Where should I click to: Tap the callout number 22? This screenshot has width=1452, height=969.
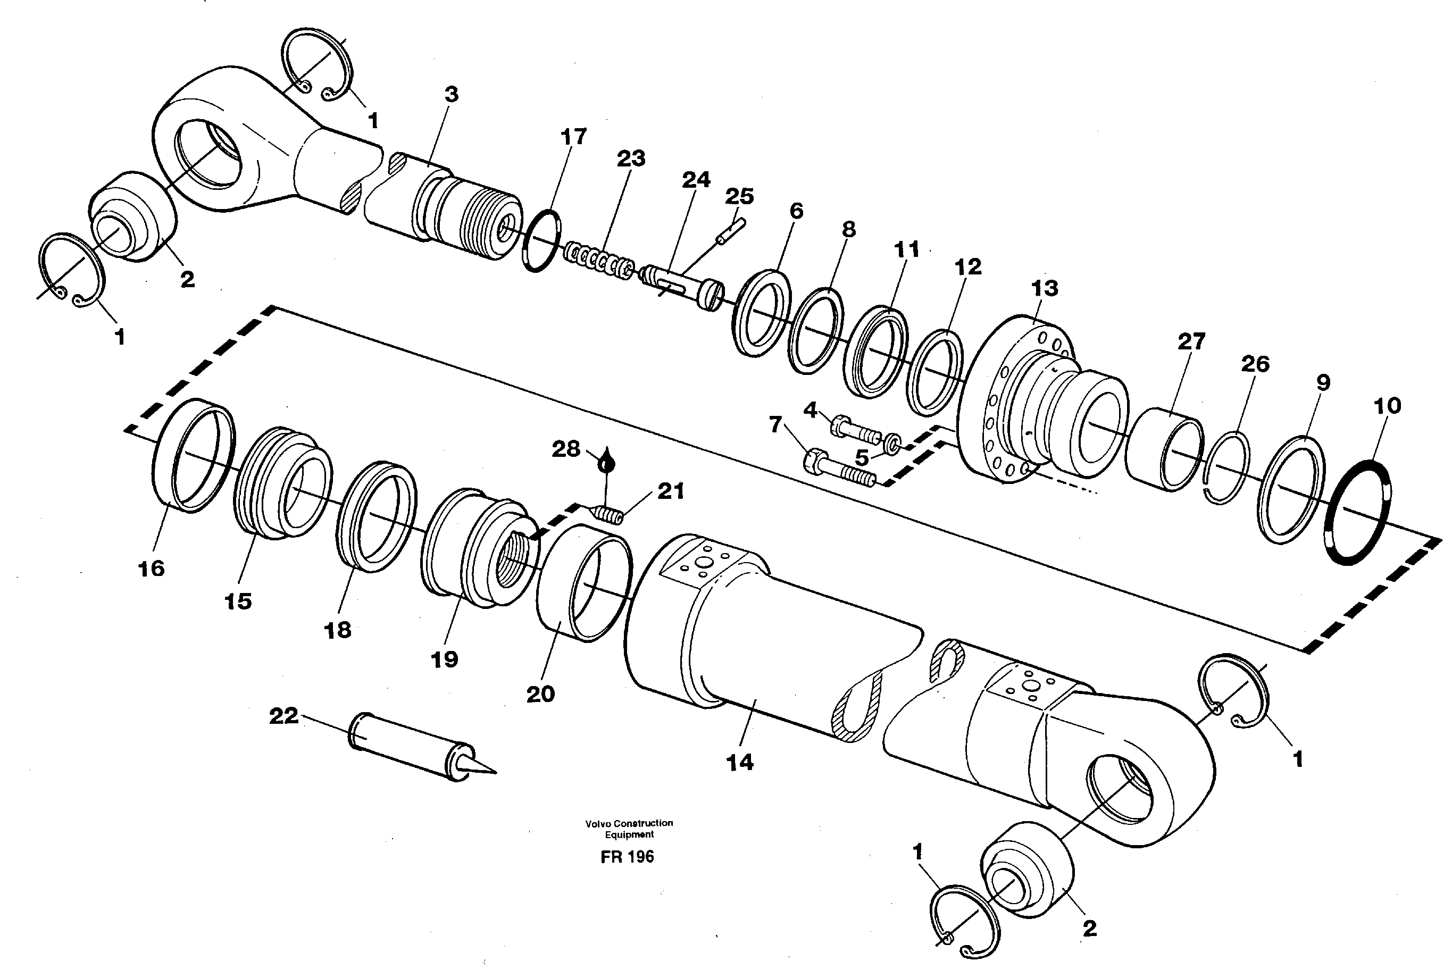pos(283,716)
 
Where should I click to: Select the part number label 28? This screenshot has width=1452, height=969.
pos(565,449)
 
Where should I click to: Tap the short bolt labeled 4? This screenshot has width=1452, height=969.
pos(856,430)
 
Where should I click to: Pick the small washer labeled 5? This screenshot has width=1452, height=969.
pos(893,444)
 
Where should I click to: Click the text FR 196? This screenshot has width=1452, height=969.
pos(627,857)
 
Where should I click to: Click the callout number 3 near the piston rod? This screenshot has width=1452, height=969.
pos(451,95)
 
